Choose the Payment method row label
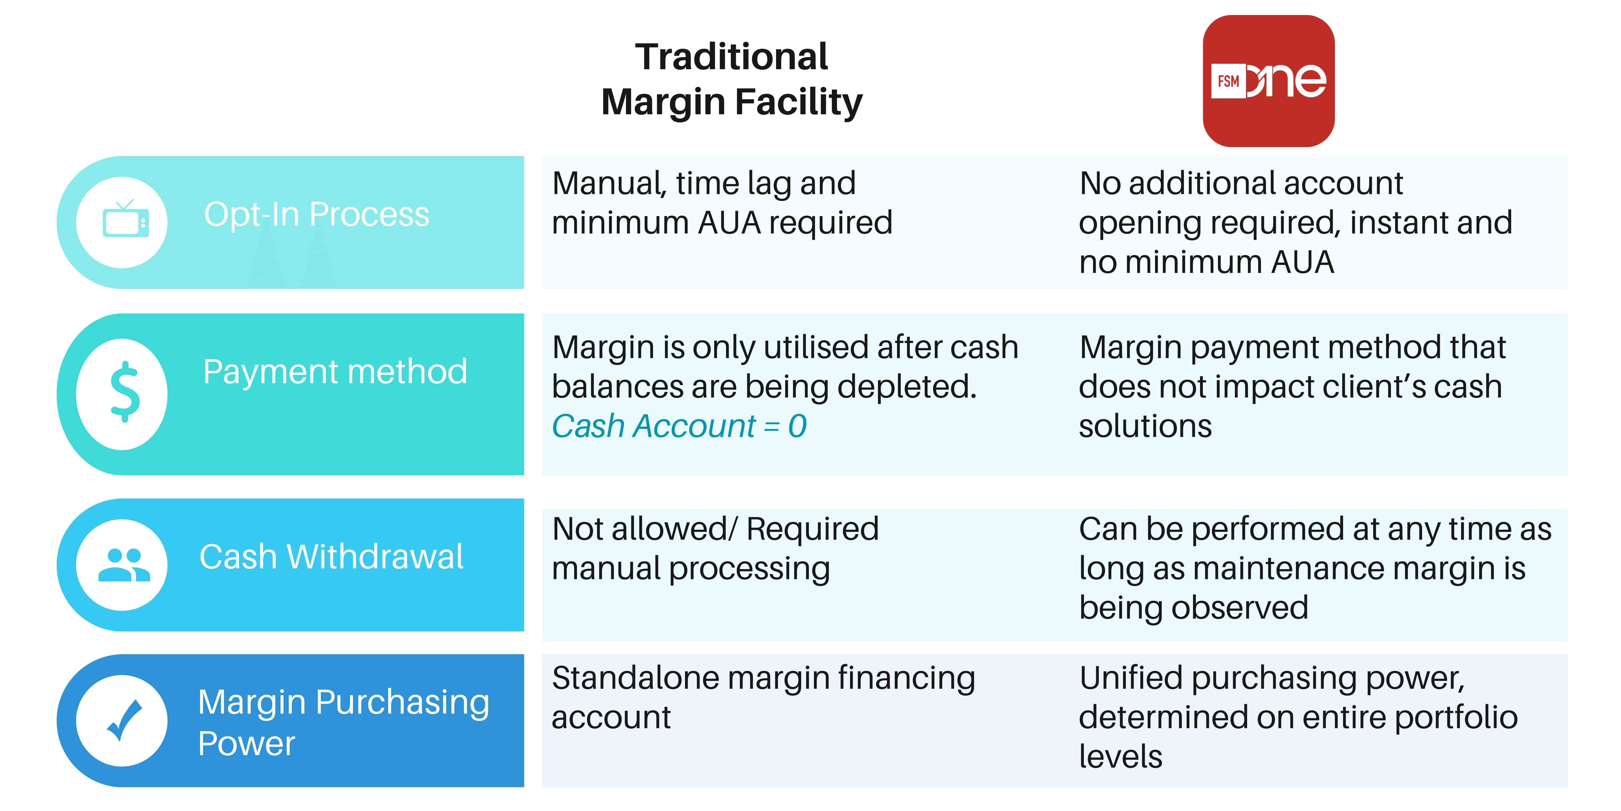coord(335,371)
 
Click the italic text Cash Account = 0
coord(678,426)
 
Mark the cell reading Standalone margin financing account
coord(763,698)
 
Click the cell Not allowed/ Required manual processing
coord(715,548)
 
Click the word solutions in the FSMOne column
coord(1145,426)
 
